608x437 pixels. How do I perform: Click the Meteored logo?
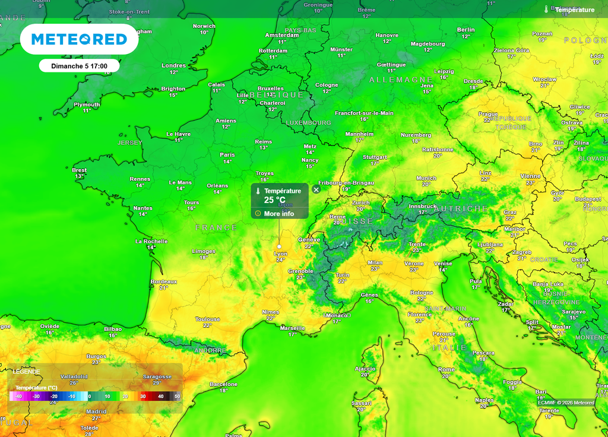[x=79, y=39]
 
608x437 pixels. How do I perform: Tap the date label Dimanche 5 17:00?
[x=79, y=66]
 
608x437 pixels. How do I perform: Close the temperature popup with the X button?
[x=316, y=189]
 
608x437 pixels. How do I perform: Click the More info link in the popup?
[x=278, y=214]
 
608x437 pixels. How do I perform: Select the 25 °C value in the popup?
[x=275, y=200]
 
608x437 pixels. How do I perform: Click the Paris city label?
[x=227, y=155]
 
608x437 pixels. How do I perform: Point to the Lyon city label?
[x=280, y=254]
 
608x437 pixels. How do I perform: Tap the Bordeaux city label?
[x=164, y=281]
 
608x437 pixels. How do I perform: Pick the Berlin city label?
[x=465, y=30]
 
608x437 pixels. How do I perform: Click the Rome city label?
[x=446, y=369]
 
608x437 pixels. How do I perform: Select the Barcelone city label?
[x=223, y=384]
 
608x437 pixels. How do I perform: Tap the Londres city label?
[x=173, y=65]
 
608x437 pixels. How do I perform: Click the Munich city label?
[x=426, y=178]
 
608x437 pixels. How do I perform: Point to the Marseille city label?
[x=292, y=328]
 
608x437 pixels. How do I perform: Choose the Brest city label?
[x=79, y=170]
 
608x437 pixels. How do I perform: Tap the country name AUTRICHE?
[x=461, y=209]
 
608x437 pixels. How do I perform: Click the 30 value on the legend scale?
[x=142, y=396]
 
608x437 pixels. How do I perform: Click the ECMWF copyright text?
[x=566, y=403]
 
